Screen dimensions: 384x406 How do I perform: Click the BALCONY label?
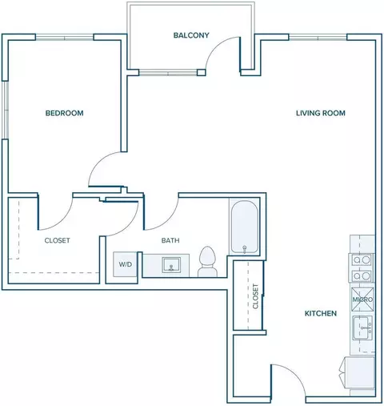[x=191, y=35]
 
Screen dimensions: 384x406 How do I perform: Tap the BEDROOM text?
[x=64, y=113]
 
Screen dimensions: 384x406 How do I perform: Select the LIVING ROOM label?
[x=321, y=113]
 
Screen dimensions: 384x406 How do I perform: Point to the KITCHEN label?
[x=321, y=313]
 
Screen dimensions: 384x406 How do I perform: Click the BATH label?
[x=170, y=240]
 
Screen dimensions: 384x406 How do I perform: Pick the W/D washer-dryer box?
[x=126, y=264]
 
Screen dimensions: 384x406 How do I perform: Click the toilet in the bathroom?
[x=207, y=261]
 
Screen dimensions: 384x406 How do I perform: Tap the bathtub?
[x=244, y=227]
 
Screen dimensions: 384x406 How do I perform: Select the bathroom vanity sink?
[x=171, y=265]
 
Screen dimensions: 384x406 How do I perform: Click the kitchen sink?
[x=362, y=328]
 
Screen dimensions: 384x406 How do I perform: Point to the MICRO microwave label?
[x=362, y=299]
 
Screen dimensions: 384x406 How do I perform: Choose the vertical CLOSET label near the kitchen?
[x=255, y=296]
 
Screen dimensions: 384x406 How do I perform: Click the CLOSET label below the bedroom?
[x=57, y=240]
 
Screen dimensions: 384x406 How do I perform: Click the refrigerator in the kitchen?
[x=359, y=373]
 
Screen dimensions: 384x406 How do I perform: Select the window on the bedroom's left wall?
[x=5, y=110]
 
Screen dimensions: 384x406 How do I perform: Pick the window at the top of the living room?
[x=318, y=37]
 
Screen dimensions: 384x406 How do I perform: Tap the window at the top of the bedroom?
[x=65, y=37]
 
